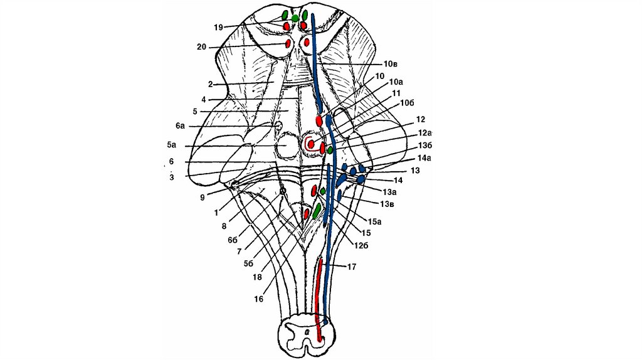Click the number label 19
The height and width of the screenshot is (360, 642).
pos(218,27)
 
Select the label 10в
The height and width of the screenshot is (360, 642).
pos(392,64)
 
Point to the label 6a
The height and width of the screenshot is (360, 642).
pos(180,126)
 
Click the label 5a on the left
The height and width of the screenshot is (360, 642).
pos(171,145)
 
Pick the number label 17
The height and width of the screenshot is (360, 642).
pos(351,267)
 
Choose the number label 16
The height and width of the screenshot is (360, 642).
pos(258,299)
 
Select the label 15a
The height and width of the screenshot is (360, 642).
pos(375,221)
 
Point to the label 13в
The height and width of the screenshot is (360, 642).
pos(387,203)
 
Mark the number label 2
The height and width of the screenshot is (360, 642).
pos(211,84)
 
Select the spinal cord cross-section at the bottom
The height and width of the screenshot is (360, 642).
pos(303,336)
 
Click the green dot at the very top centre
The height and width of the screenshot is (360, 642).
pos(295,18)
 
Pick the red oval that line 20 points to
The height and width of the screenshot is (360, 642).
pos(288,43)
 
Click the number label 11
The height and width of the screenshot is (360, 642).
pos(396,93)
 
